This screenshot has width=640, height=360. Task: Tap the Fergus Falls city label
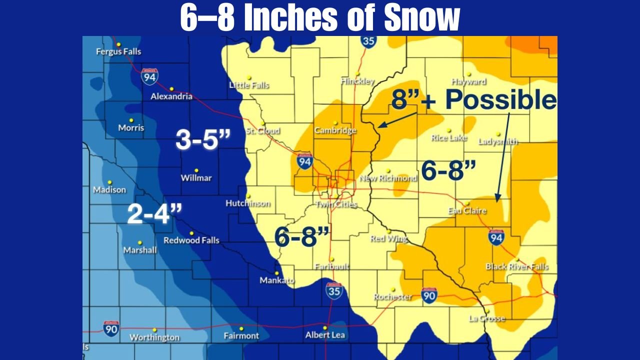click(x=118, y=51)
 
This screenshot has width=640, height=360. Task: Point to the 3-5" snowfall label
click(x=202, y=139)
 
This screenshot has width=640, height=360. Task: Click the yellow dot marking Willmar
click(x=196, y=170)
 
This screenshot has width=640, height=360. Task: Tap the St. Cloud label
click(x=262, y=131)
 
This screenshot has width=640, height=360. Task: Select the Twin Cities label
click(x=336, y=204)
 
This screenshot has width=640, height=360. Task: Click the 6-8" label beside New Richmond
click(x=448, y=171)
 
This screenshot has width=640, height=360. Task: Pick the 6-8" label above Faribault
click(x=302, y=236)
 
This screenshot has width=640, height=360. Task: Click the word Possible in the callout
click(x=500, y=100)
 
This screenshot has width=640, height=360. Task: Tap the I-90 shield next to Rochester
click(x=429, y=295)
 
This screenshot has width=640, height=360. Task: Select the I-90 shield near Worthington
click(x=111, y=328)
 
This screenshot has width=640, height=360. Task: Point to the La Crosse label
click(x=487, y=318)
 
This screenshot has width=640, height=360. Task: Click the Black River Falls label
click(x=517, y=266)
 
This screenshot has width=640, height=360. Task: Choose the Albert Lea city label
click(x=325, y=335)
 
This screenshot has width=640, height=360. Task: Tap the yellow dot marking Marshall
click(x=139, y=242)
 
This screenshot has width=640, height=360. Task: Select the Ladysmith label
click(x=498, y=141)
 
